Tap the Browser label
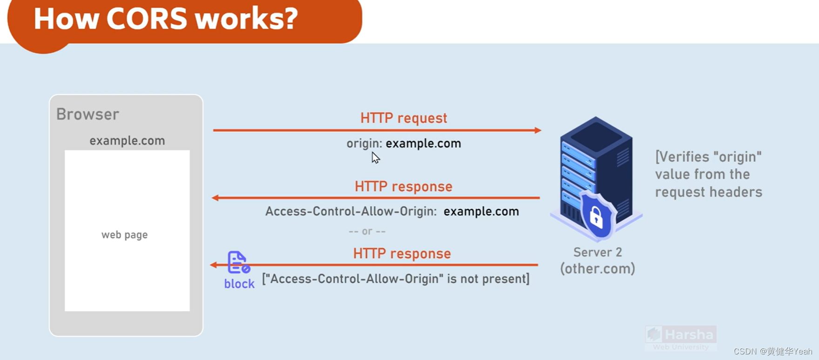[x=88, y=114]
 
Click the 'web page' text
[x=124, y=235]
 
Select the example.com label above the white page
[x=127, y=141]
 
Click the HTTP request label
[x=403, y=118]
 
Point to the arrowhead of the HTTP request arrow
[x=538, y=130]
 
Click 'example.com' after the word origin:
[x=423, y=143]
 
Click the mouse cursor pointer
[x=375, y=157]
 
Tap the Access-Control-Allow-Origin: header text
[x=351, y=211]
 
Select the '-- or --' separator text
[x=367, y=231]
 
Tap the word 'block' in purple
[x=239, y=284]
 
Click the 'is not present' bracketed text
[x=395, y=279]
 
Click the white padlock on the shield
[x=596, y=217]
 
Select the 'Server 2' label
[x=597, y=252]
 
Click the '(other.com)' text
[x=597, y=269]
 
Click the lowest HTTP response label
[x=402, y=253]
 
